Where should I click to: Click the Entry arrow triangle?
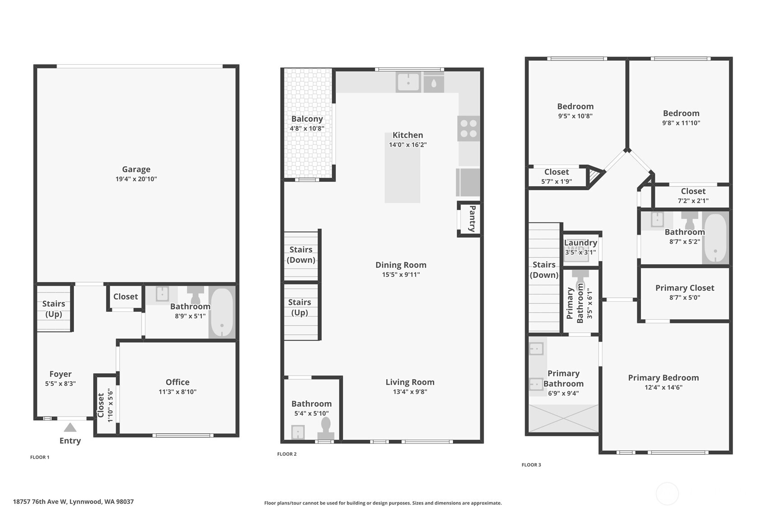click(x=70, y=427)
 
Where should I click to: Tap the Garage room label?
click(x=136, y=169)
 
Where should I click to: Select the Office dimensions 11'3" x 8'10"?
click(x=177, y=392)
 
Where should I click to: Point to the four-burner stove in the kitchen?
click(x=469, y=128)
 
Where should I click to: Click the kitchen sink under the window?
click(x=408, y=83)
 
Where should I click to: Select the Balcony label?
click(x=307, y=119)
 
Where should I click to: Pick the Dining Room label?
click(x=401, y=265)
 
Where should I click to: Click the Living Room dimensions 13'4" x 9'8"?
click(x=410, y=392)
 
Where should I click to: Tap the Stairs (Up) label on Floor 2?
click(x=300, y=307)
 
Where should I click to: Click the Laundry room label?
click(x=580, y=243)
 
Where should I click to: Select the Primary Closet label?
click(x=684, y=288)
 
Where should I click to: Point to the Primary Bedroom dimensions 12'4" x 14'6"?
click(x=663, y=387)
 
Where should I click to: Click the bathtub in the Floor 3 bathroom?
click(x=715, y=238)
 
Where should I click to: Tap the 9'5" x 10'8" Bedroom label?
click(x=575, y=107)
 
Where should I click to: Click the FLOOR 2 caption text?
click(x=287, y=454)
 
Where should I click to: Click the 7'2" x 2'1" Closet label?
click(x=693, y=192)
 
